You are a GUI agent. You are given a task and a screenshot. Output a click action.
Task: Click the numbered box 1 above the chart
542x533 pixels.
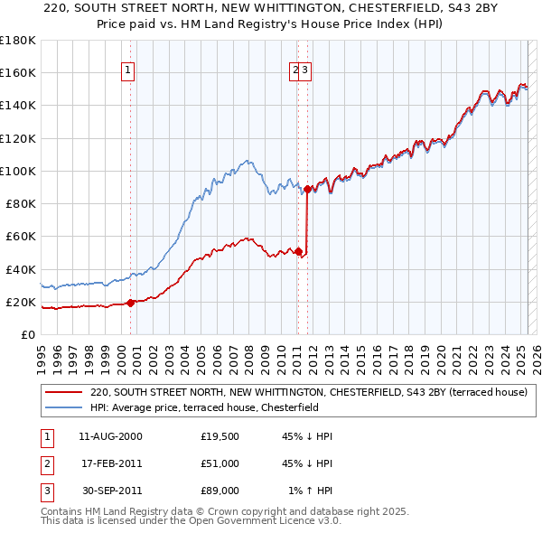click(x=127, y=73)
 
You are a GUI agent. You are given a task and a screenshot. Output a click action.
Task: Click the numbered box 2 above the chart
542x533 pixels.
click(x=294, y=73)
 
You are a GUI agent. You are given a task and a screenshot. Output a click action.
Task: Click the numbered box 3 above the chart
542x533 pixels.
click(x=305, y=73)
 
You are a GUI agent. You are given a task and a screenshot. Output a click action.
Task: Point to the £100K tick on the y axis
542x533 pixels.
click(x=18, y=171)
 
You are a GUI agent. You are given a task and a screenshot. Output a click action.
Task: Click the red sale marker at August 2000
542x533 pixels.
click(x=130, y=303)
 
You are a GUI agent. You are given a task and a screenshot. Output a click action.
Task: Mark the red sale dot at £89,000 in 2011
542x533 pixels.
click(x=308, y=189)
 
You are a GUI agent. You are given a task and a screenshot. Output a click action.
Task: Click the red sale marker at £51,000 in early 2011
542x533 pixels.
click(x=298, y=251)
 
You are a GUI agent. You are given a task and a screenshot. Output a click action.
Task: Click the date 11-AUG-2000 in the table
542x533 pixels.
click(x=110, y=436)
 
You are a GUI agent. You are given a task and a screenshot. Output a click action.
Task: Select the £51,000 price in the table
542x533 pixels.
click(x=220, y=463)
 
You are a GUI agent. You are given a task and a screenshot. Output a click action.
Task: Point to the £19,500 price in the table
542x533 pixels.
click(x=220, y=436)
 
